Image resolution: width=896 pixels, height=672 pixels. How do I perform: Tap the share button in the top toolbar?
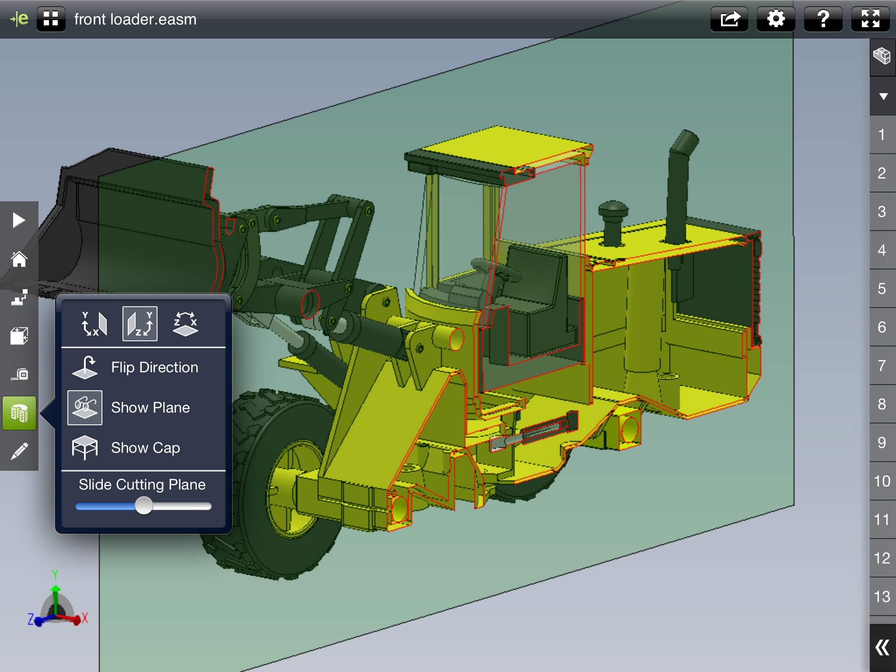coord(729,19)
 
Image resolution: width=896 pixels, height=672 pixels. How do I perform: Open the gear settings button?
coord(776,19)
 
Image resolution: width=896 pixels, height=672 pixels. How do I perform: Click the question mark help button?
coord(823,19)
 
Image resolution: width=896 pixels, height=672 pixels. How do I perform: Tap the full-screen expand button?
coord(870,19)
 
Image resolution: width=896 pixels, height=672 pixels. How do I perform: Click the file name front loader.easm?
coord(135,20)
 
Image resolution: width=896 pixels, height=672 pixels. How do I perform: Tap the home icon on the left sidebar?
coord(19,259)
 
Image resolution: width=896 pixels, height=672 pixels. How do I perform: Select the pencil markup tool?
coord(19,451)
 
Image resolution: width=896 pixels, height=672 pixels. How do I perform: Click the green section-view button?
coord(19,413)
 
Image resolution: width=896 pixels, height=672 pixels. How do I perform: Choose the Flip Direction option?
coord(154,367)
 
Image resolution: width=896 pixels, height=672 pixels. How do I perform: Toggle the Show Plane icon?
coord(85,408)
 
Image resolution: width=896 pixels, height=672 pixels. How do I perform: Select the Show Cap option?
coord(145,448)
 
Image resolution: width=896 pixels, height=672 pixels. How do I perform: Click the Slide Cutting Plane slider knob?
coord(143,506)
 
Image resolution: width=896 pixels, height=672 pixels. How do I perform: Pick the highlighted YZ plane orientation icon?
coord(140,324)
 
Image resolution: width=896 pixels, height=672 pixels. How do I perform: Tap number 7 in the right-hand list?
coord(882,366)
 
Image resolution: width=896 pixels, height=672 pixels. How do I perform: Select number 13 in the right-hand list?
coord(882,597)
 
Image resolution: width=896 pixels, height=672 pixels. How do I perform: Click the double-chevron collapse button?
coord(882,647)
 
